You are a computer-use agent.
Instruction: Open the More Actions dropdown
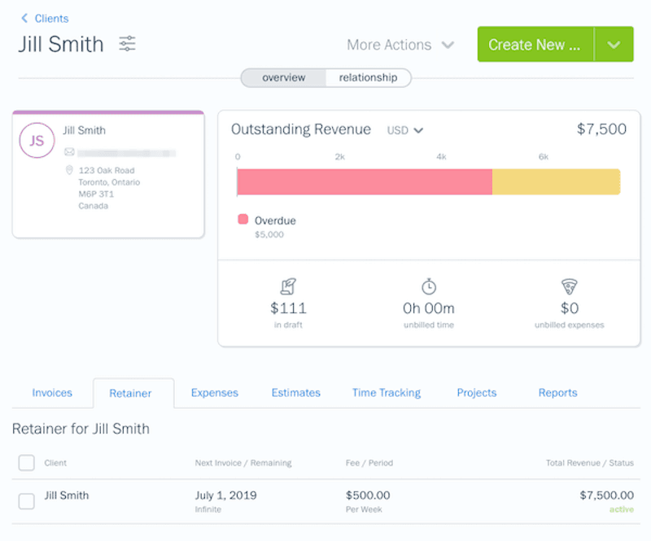(400, 45)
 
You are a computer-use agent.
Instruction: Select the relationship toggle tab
(368, 78)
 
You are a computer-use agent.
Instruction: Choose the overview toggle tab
(283, 78)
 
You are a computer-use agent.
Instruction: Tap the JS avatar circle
(37, 141)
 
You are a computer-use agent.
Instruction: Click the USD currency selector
(405, 130)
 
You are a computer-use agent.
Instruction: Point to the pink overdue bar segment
(364, 181)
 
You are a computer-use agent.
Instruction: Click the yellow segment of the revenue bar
(556, 181)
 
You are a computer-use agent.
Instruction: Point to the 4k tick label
(441, 156)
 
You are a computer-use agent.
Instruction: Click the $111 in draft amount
(288, 308)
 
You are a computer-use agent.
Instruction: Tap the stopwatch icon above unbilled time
(429, 286)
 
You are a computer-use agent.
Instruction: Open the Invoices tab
(52, 393)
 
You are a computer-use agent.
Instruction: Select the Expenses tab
(214, 393)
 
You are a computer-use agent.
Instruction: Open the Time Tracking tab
(386, 393)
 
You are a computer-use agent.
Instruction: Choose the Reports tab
(557, 393)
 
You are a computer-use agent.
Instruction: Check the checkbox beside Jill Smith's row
(26, 501)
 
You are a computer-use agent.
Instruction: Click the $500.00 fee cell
(368, 495)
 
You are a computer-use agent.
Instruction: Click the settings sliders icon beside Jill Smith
(127, 44)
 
